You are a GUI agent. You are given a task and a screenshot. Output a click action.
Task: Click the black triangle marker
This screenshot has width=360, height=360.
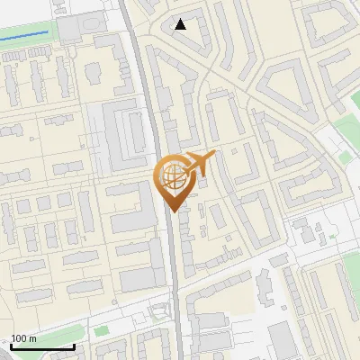coord(181,24)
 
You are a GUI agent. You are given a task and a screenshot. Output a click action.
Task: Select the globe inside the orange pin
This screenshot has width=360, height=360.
coord(171,177)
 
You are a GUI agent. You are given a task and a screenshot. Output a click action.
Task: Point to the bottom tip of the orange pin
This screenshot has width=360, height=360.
coord(172,211)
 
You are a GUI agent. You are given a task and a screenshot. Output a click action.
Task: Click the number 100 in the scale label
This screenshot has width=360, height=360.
coord(20,338)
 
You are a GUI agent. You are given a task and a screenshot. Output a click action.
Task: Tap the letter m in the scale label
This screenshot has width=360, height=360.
coord(33,338)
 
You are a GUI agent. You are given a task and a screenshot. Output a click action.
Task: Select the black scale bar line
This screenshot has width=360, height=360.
coord(42,347)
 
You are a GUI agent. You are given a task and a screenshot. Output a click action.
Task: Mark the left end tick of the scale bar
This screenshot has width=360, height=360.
coord(11,346)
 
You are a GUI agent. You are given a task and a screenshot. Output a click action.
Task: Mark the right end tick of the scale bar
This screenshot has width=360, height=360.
coord(74,346)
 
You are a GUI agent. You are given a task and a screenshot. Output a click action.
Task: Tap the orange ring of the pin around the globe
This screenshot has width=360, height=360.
coord(159,176)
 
